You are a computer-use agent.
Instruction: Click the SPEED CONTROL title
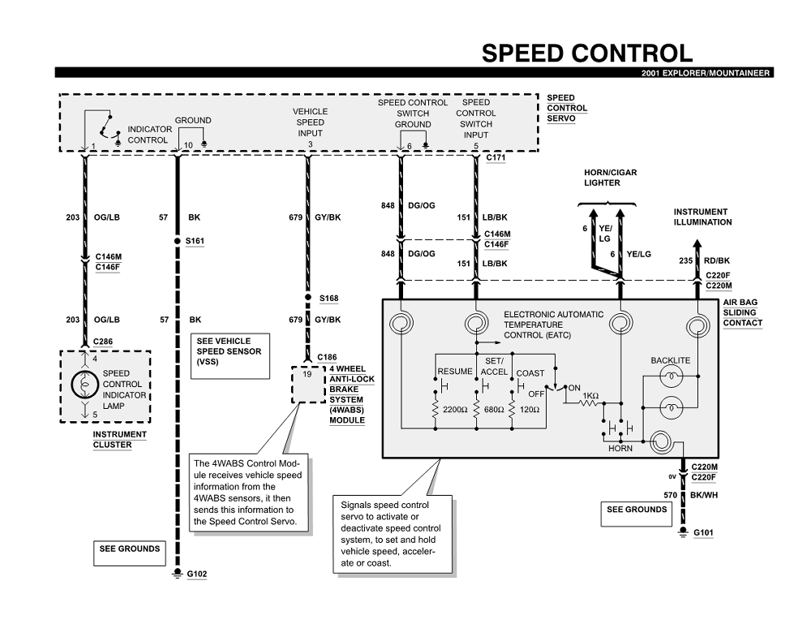point(587,54)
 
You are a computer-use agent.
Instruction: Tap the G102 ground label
point(197,574)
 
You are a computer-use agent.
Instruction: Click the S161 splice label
point(195,242)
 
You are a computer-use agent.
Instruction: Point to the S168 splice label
point(328,298)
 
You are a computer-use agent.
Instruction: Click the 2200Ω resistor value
point(455,410)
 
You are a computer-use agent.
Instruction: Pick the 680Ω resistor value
point(493,410)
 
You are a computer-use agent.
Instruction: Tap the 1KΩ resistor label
point(590,396)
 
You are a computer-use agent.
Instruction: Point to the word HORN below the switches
point(620,449)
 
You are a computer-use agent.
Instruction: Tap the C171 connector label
point(496,157)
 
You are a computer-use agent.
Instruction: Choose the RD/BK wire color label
point(715,260)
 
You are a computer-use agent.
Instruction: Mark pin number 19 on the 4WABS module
point(306,375)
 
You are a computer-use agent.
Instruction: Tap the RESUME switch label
point(455,371)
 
